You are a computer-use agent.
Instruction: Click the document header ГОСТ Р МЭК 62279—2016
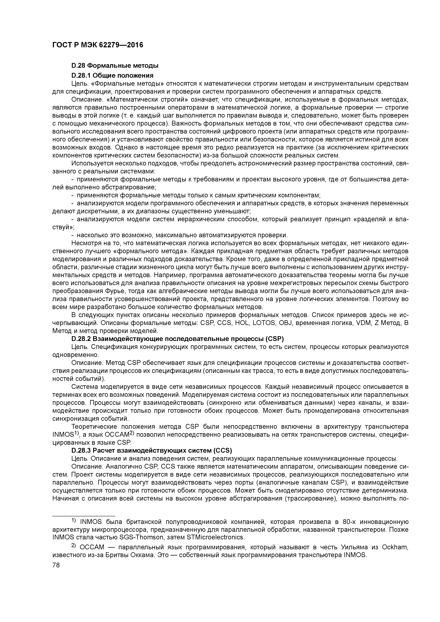click(x=97, y=45)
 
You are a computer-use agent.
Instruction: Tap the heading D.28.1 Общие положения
click(x=112, y=75)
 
